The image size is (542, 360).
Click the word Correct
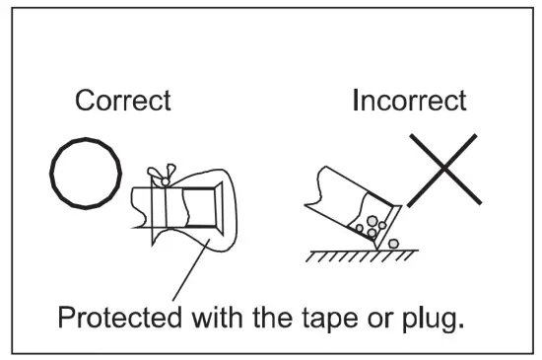(x=123, y=102)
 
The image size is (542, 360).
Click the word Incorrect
(x=409, y=102)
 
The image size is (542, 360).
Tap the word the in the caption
(x=281, y=319)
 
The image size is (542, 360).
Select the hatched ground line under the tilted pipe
(x=350, y=254)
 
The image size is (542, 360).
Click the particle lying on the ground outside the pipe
(x=393, y=242)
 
